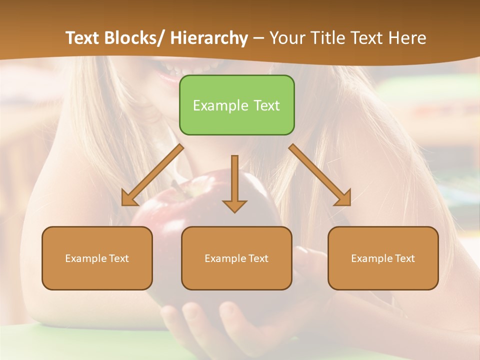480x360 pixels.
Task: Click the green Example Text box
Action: point(236,105)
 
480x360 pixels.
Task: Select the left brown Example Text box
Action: point(97,258)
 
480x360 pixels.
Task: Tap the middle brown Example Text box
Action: point(236,258)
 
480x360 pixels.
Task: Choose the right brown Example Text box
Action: point(383,258)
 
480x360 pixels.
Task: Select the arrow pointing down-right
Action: point(320,176)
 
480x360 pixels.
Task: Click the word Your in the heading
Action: point(286,38)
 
